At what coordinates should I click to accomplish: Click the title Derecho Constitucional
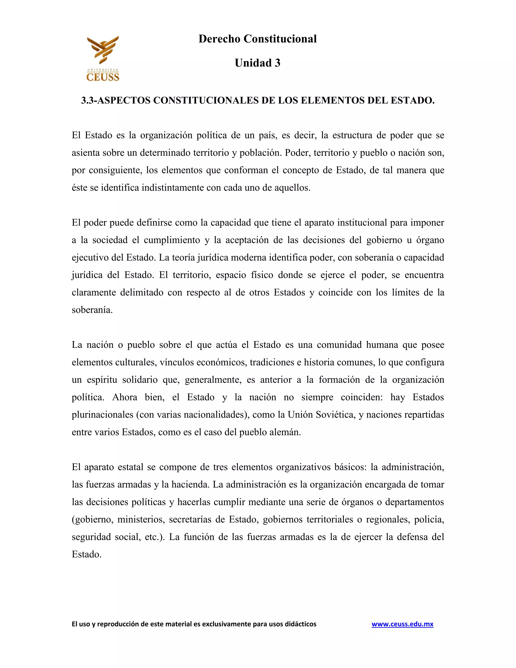click(x=257, y=39)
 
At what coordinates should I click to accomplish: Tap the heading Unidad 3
click(x=257, y=63)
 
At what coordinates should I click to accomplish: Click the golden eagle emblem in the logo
click(x=103, y=50)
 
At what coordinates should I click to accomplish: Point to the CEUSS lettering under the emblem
click(x=103, y=76)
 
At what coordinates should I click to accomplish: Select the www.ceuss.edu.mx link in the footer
click(x=402, y=624)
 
